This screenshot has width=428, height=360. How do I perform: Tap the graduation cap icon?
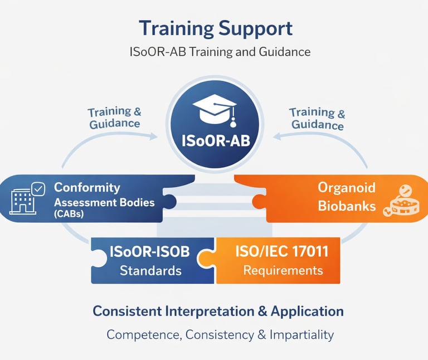pyautogui.click(x=215, y=110)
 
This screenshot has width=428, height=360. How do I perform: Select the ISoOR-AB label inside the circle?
pyautogui.click(x=215, y=140)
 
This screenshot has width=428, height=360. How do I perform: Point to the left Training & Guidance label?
pyautogui.click(x=115, y=118)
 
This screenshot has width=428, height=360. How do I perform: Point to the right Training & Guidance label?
pyautogui.click(x=317, y=119)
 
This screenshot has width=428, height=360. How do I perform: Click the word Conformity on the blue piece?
pyautogui.click(x=87, y=188)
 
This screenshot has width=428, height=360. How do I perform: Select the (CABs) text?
pyautogui.click(x=69, y=214)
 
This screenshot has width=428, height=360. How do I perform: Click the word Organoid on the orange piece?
pyautogui.click(x=347, y=188)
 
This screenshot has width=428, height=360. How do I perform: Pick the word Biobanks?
pyautogui.click(x=347, y=206)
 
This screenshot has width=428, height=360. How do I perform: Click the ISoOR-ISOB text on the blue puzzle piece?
pyautogui.click(x=150, y=251)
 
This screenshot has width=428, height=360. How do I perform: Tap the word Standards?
pyautogui.click(x=150, y=271)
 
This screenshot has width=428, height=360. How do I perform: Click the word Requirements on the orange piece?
pyautogui.click(x=283, y=270)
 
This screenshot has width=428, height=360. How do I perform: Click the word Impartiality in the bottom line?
pyautogui.click(x=301, y=335)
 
